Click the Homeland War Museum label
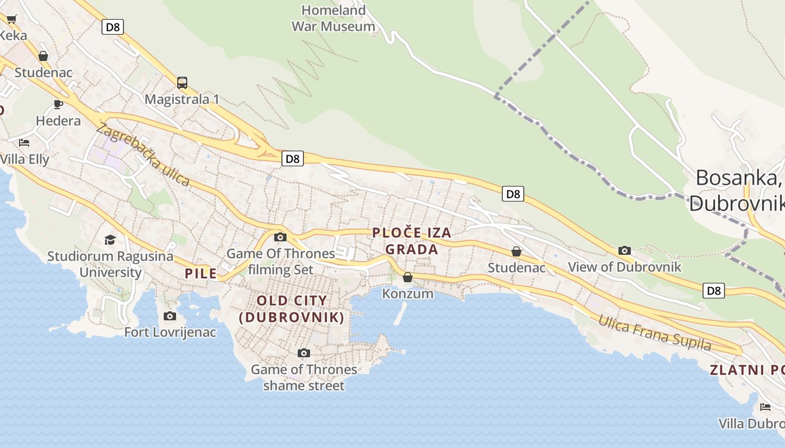point(333,18)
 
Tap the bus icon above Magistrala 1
point(182,83)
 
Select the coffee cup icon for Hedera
point(58,104)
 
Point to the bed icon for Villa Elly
point(24,143)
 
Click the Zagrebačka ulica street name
point(142,155)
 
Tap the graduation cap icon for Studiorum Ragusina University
point(110,240)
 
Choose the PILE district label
point(201,273)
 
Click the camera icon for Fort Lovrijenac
point(170,316)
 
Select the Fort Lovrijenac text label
point(170,332)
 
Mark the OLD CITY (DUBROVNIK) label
point(292,309)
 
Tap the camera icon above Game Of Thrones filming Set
point(280,237)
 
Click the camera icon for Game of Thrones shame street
point(304,353)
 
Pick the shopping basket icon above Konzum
point(408,277)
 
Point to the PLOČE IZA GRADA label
point(412,241)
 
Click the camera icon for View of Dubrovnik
point(625,250)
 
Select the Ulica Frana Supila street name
point(654,333)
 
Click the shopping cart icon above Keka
point(11,20)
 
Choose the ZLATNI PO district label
point(746,370)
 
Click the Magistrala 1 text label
point(182,99)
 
